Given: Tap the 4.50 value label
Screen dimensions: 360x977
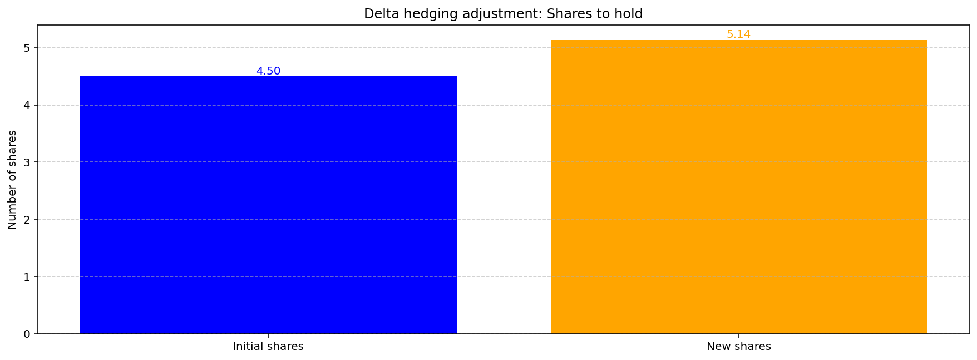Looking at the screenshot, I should coord(268,71).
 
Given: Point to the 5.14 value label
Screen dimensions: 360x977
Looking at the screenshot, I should coord(738,34).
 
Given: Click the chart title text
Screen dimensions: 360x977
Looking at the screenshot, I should coord(503,14).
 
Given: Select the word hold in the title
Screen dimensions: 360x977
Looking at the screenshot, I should coord(630,14).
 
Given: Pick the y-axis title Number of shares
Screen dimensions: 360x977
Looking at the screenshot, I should coord(12,179).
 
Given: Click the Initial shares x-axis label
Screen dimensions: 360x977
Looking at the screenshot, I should coord(268,347).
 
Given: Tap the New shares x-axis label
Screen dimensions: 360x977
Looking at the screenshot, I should coord(738,347).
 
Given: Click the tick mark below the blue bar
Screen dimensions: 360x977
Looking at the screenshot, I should coord(268,336).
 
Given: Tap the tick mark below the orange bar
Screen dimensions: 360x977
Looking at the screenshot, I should coord(738,336).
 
